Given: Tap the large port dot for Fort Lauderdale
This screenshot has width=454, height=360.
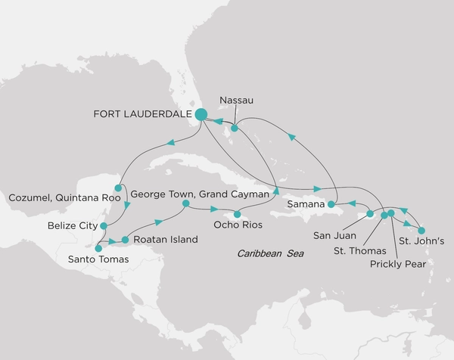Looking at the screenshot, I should coord(201,114).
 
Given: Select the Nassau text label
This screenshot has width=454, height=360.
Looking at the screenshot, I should coord(235,98).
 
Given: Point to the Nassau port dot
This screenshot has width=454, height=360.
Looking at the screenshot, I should coord(235,129).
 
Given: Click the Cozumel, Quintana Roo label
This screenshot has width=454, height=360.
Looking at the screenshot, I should coord(63,199).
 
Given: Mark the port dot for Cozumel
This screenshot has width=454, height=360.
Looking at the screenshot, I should coord(118,188).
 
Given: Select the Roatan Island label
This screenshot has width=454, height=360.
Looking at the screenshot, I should coord(165,240).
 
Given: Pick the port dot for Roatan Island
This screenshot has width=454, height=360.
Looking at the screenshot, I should coord(125,240).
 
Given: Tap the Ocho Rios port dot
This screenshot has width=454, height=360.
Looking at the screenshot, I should coord(237,215).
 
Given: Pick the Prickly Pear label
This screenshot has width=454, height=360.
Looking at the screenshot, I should coord(398,264).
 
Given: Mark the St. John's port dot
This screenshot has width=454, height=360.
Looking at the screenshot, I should coord(421,230).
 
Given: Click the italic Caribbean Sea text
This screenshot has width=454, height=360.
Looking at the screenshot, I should coord(270,254).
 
